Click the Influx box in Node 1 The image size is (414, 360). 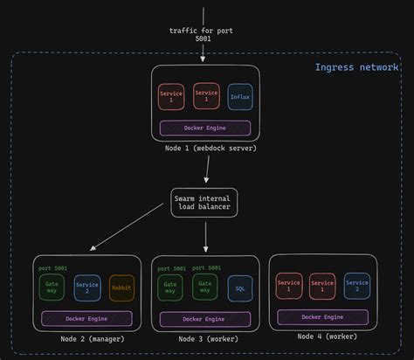coord(239,96)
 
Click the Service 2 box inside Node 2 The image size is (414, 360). coord(87,287)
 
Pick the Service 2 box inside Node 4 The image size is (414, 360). coord(356,286)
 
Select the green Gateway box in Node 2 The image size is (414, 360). coord(52,287)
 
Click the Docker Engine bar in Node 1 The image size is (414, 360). coord(204,128)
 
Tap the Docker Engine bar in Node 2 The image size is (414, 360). coord(86,319)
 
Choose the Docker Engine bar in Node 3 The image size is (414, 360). coord(204,319)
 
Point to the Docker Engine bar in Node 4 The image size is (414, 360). coord(322,317)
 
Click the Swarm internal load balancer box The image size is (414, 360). coord(204,204)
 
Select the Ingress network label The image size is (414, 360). coord(356,67)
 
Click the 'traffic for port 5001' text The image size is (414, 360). coord(202,35)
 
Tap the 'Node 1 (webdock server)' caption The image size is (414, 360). coord(204,148)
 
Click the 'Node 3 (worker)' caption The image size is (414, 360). coord(205,339)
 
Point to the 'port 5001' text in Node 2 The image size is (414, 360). coord(52,268)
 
